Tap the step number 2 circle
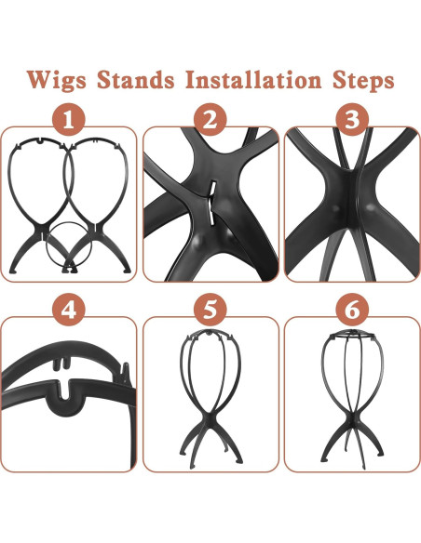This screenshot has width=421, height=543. pos(210,122)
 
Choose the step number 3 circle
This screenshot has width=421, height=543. pos(351,122)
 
